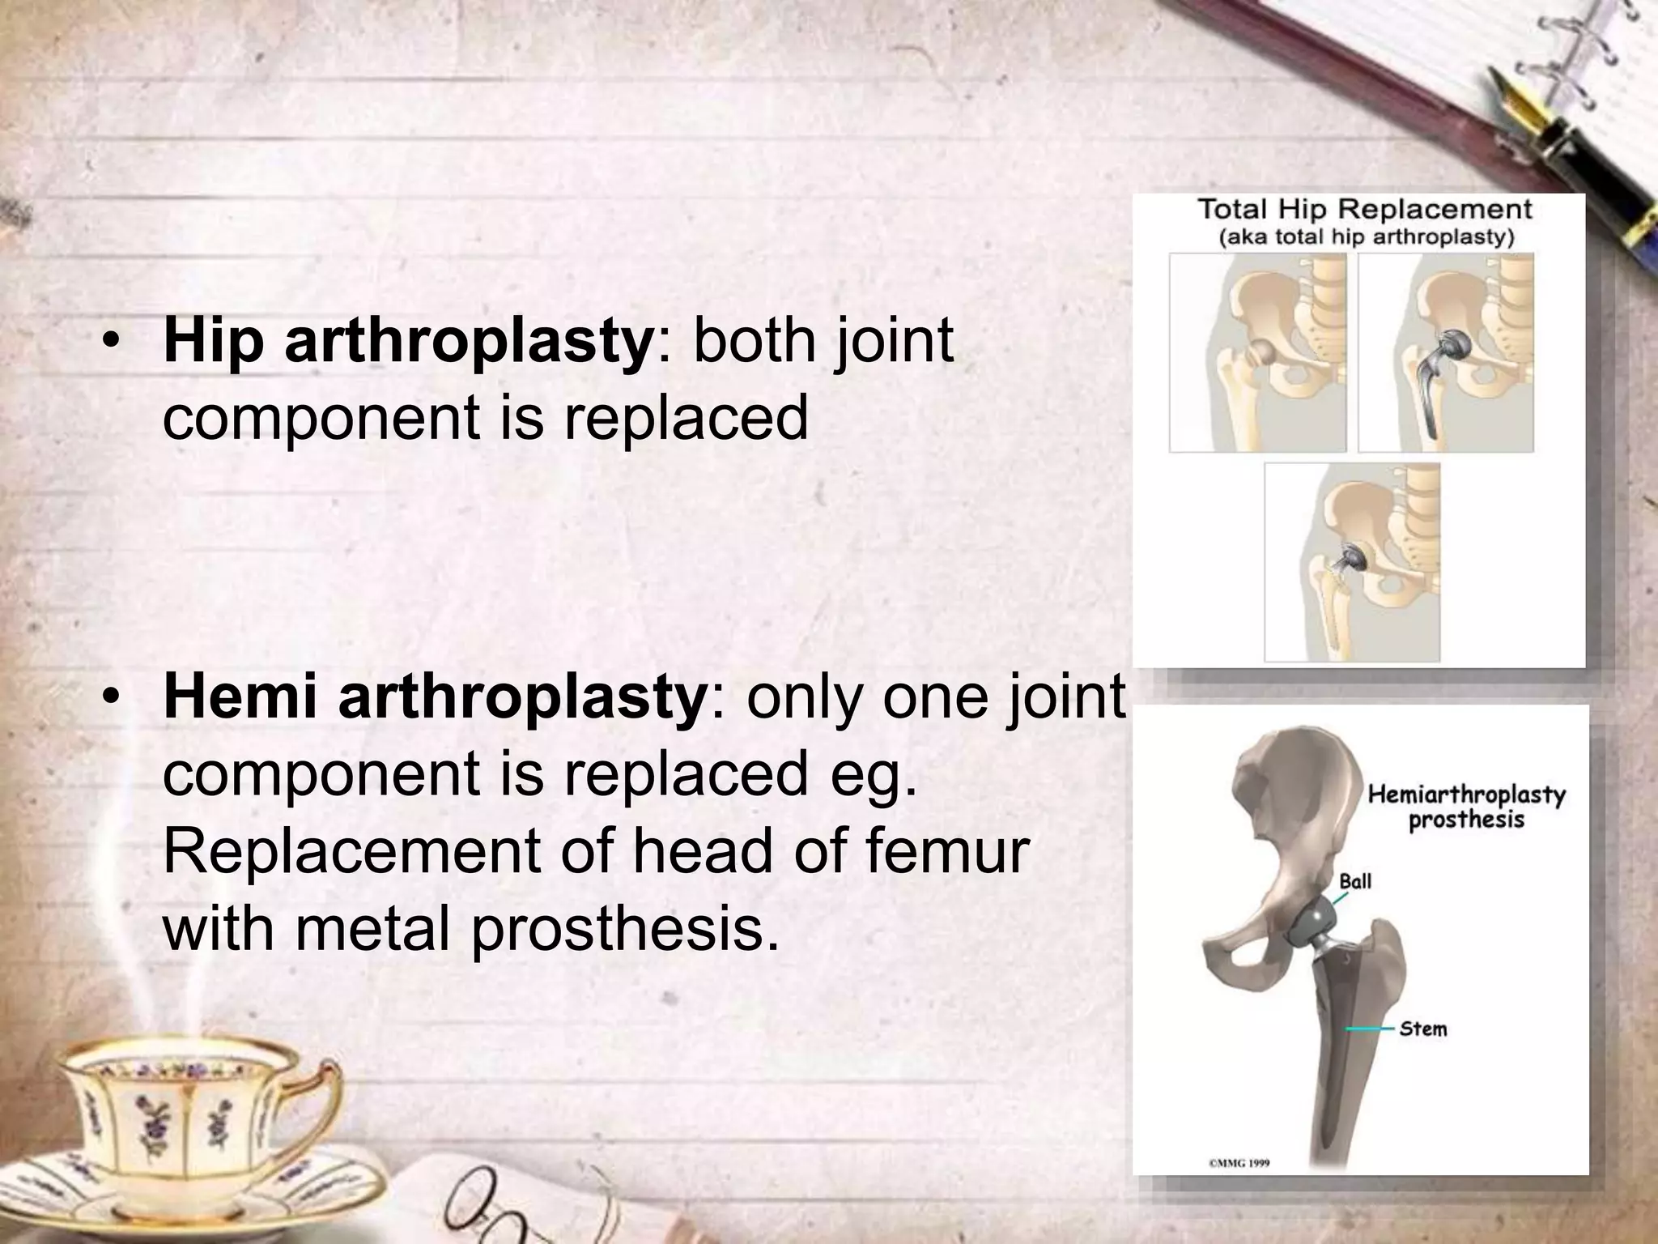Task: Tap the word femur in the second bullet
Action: (954, 851)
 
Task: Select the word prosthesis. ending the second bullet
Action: (618, 929)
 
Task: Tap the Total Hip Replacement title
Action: (1364, 210)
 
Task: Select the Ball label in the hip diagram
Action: (1355, 880)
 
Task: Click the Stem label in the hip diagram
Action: (1422, 1029)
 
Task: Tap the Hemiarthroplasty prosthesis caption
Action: (1466, 807)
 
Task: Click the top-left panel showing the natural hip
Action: (1257, 352)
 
